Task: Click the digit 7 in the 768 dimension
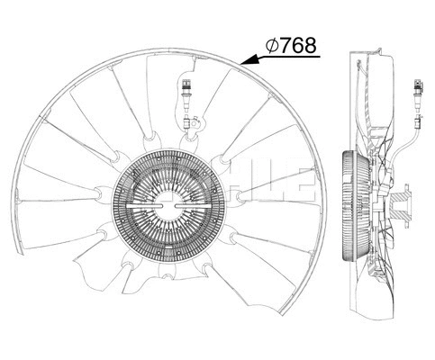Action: pos(285,44)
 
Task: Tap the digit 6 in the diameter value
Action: pos(298,44)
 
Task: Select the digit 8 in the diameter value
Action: pos(311,44)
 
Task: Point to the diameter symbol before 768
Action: pos(271,44)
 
